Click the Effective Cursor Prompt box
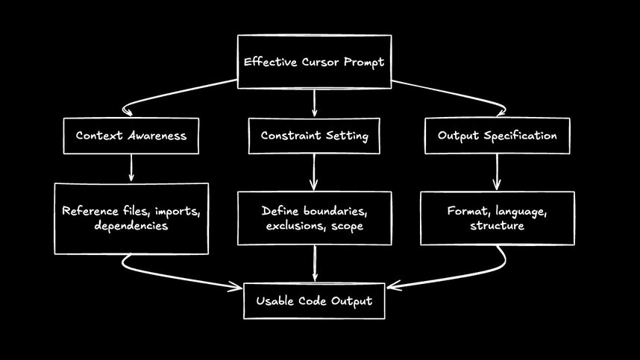314,62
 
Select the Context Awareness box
131,136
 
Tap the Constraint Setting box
314,136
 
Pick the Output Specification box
497,136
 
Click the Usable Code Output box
314,301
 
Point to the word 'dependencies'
131,225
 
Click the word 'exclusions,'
295,225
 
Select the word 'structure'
497,225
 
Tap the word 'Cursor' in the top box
311,62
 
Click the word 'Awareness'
155,136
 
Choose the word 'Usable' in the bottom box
277,301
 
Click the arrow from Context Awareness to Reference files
131,168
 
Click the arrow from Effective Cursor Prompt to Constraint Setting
314,103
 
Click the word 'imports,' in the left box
174,211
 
